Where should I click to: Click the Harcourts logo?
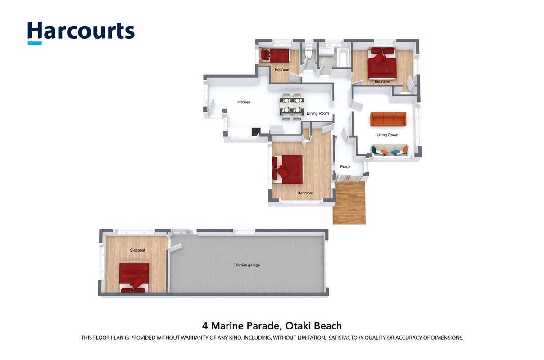[x=81, y=33]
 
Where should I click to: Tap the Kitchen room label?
[x=244, y=102]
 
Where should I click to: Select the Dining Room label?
[x=317, y=113]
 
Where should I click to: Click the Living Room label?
[x=387, y=135]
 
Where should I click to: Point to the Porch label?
[x=345, y=167]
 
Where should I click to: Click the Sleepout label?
[x=137, y=250]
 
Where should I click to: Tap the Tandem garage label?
[x=247, y=265]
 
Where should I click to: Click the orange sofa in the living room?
[x=388, y=119]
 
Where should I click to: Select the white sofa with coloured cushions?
[x=390, y=150]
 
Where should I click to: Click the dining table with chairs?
[x=292, y=106]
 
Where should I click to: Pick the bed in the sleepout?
[x=134, y=277]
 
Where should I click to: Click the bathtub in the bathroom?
[x=344, y=58]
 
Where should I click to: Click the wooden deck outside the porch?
[x=349, y=202]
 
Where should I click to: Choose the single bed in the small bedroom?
[x=276, y=55]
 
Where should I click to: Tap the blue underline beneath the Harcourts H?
[x=35, y=43]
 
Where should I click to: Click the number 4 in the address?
[x=205, y=326]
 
